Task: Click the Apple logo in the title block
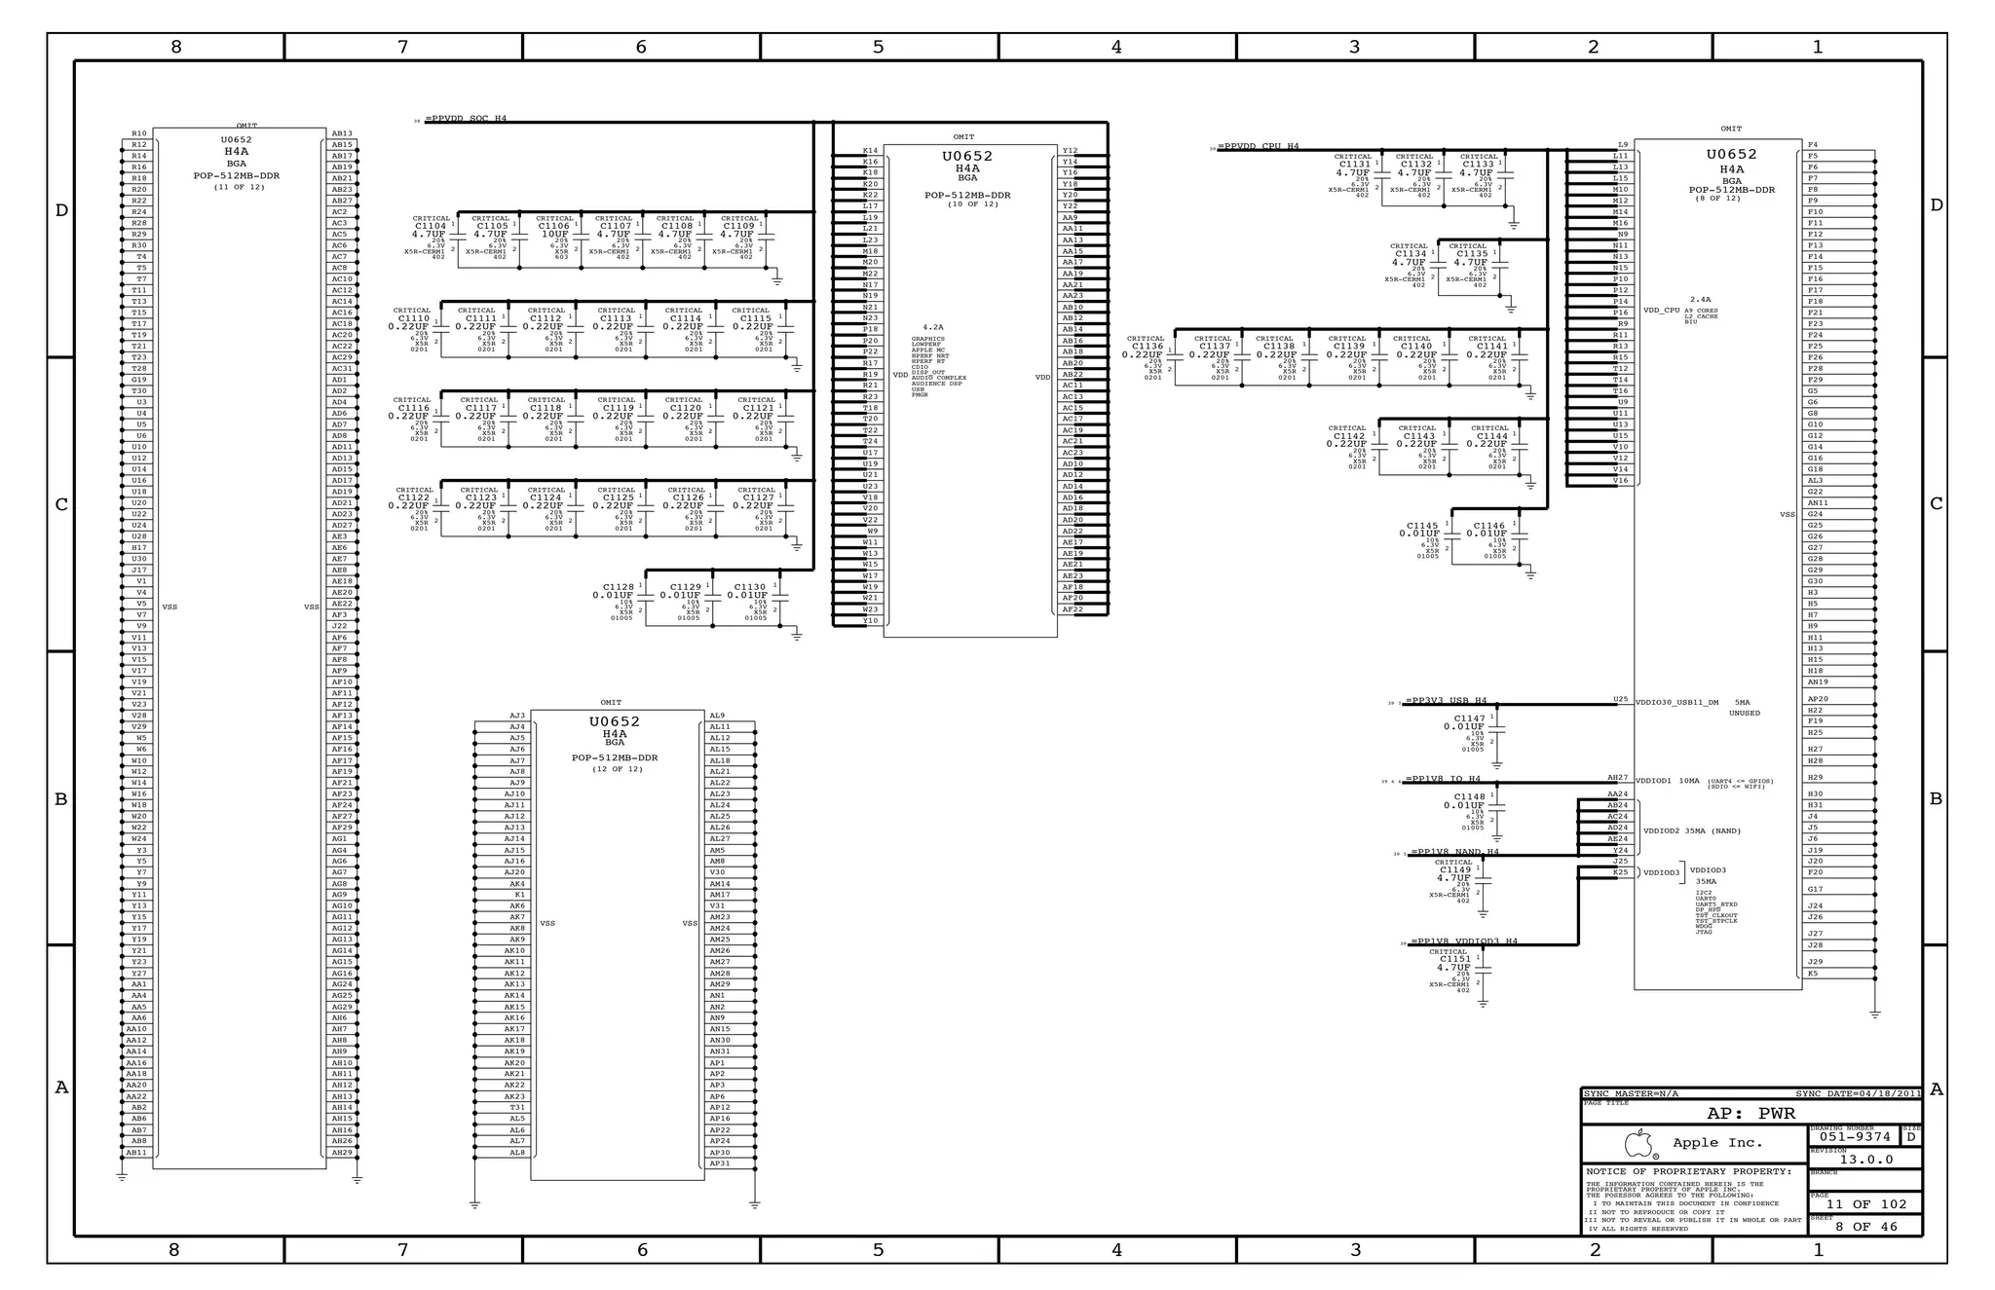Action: coord(1640,1143)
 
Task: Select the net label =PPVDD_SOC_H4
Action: coord(466,119)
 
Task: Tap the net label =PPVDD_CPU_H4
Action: coord(1259,147)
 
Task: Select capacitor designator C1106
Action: coord(554,226)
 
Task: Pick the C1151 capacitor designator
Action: coord(1455,959)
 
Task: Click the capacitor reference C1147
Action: coord(1469,719)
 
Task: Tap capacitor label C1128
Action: coord(619,587)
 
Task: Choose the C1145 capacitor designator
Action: coord(1422,526)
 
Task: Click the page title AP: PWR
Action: coord(1750,1114)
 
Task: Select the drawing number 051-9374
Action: coord(1856,1136)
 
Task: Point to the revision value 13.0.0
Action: coord(1865,1160)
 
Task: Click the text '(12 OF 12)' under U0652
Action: coord(617,769)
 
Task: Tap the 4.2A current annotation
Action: coord(932,327)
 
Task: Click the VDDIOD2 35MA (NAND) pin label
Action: coord(1691,830)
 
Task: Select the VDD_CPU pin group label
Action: coord(1661,311)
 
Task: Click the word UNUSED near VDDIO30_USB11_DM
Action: coord(1744,713)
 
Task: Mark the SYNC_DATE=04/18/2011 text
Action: coord(1858,1094)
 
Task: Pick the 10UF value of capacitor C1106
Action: coord(554,235)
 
